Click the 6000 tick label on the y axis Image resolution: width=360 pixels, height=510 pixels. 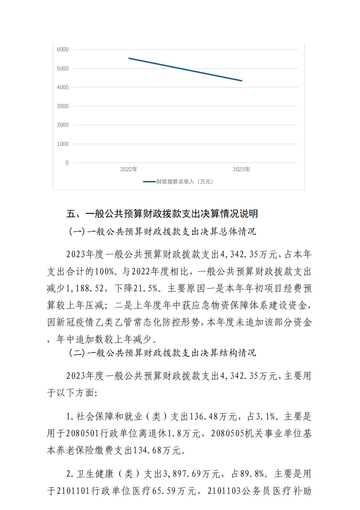(x=63, y=50)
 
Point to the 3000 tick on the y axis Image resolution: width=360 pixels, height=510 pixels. (x=63, y=106)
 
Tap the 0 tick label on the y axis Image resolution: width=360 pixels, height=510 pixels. (x=67, y=163)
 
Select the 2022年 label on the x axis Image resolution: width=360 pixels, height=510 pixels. (x=129, y=170)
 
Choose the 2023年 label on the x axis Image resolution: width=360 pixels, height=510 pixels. (x=242, y=170)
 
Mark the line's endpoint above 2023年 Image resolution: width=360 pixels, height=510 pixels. (x=242, y=81)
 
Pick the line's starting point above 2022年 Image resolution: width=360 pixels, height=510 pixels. (x=129, y=58)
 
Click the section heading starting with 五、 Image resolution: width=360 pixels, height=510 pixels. (x=162, y=214)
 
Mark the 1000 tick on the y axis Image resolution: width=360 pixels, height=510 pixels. (x=63, y=144)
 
